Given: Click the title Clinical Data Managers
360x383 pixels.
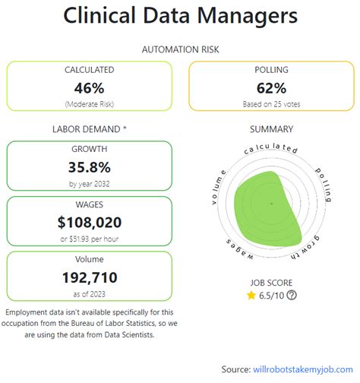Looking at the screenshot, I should (180, 16).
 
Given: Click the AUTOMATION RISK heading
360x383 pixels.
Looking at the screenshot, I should (179, 49).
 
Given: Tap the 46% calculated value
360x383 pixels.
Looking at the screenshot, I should (89, 87).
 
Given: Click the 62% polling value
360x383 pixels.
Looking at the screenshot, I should (271, 87).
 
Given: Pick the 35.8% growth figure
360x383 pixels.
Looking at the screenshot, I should (89, 167).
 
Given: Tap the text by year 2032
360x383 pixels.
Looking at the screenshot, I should (89, 183).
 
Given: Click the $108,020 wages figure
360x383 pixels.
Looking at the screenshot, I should (89, 223).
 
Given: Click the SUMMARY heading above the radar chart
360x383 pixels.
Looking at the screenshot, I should (271, 129).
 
